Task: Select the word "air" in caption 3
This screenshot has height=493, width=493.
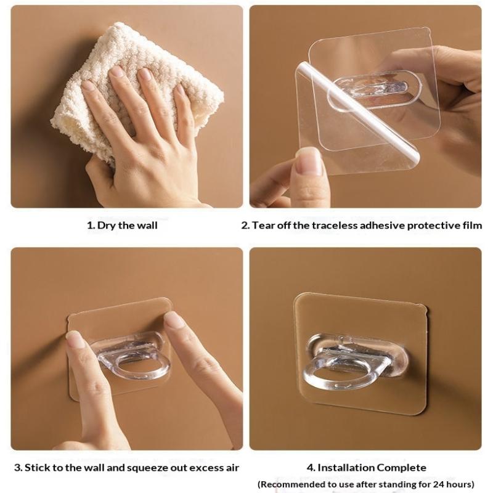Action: point(232,468)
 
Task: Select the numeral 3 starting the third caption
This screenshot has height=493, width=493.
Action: point(18,468)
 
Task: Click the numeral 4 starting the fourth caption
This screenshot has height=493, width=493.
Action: point(311,468)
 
